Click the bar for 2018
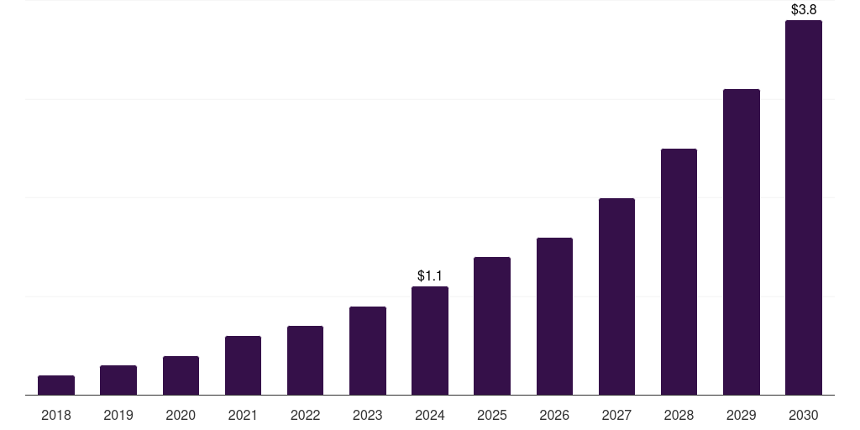pyautogui.click(x=56, y=385)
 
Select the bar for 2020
pyautogui.click(x=181, y=375)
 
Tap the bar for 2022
pyautogui.click(x=305, y=360)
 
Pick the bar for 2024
pyautogui.click(x=430, y=341)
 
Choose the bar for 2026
pyautogui.click(x=554, y=317)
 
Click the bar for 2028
pyautogui.click(x=679, y=272)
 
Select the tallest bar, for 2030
pyautogui.click(x=804, y=207)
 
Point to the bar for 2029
pyautogui.click(x=742, y=242)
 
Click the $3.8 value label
pyautogui.click(x=804, y=10)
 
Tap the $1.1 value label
pyautogui.click(x=430, y=275)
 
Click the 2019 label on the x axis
pyautogui.click(x=118, y=415)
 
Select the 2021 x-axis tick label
pyautogui.click(x=243, y=415)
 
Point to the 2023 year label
pyautogui.click(x=368, y=415)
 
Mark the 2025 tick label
pyautogui.click(x=492, y=415)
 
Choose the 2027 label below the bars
pyautogui.click(x=616, y=415)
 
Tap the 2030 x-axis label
pyautogui.click(x=804, y=415)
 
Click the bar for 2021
pyautogui.click(x=243, y=365)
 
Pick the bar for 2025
pyautogui.click(x=492, y=326)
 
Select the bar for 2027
pyautogui.click(x=616, y=296)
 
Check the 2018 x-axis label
pyautogui.click(x=56, y=415)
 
